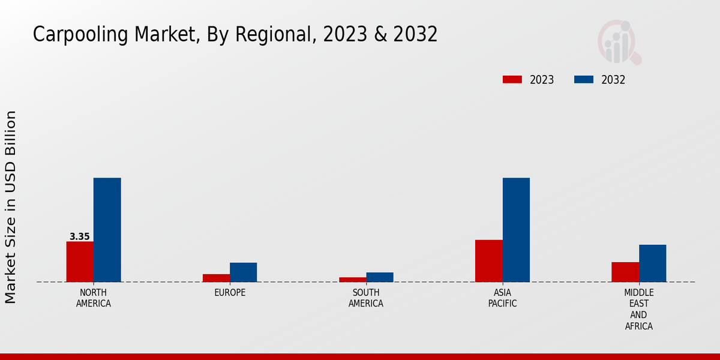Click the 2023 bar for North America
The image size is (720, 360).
(80, 262)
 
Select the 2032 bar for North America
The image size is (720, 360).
(107, 230)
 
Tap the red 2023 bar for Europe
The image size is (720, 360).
(216, 278)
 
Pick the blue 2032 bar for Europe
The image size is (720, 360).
(243, 272)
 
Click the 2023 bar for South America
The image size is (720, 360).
(352, 280)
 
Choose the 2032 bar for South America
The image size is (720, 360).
(380, 277)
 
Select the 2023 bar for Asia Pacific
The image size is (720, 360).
(488, 261)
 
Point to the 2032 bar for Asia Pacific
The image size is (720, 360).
(516, 230)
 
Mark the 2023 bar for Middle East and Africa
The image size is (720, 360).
(625, 272)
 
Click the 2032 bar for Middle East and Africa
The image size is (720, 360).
(652, 263)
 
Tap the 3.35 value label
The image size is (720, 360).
(80, 236)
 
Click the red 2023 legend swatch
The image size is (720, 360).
(512, 80)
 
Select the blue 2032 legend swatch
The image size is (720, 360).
(584, 80)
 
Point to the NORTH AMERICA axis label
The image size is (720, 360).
(94, 298)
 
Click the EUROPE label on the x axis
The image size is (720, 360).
(230, 292)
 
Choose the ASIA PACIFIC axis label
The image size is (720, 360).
(502, 298)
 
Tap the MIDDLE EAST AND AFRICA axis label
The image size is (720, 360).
(638, 309)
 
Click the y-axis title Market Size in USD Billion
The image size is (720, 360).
(11, 207)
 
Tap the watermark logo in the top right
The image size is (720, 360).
(619, 42)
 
